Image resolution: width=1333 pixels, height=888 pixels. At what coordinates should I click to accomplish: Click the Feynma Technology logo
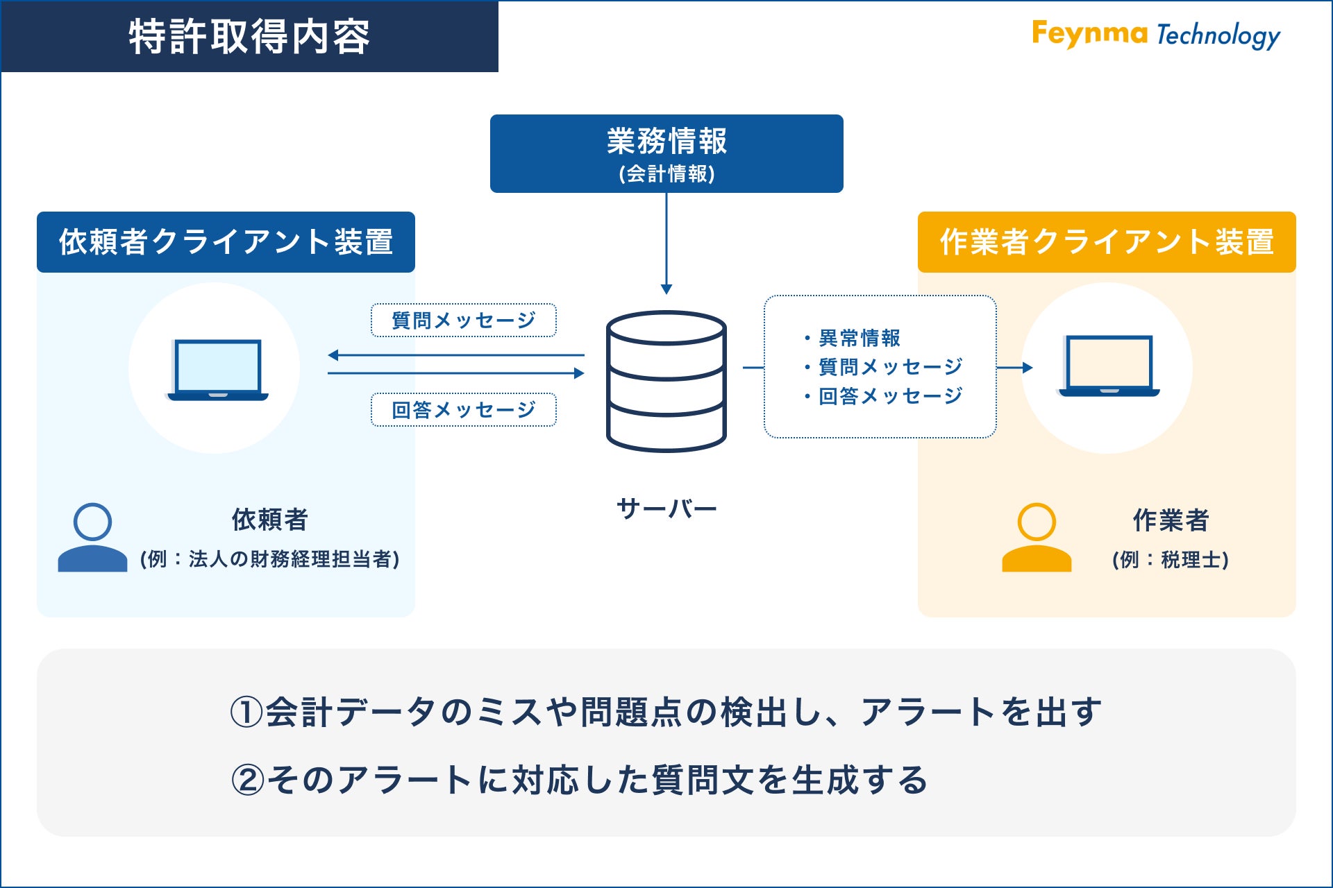[x=1155, y=35]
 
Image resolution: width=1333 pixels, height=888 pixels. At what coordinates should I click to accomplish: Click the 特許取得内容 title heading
[x=249, y=37]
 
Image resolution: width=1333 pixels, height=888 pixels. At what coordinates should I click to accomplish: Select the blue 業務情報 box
[x=666, y=153]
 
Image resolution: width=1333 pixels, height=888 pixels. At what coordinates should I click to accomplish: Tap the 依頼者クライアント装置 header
[x=226, y=242]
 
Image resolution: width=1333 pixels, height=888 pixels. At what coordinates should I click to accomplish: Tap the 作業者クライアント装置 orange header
[x=1107, y=242]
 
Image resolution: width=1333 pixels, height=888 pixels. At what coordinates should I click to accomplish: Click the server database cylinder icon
[x=666, y=381]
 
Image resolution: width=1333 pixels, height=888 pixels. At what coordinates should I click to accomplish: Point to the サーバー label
[x=666, y=509]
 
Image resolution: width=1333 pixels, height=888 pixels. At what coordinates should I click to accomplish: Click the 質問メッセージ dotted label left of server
[x=463, y=321]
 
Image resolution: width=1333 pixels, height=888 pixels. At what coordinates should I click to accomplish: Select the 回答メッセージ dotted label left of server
[x=463, y=410]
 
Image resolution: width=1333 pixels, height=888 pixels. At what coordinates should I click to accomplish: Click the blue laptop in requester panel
[x=217, y=370]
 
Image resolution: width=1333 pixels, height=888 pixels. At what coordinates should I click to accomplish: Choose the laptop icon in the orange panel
[x=1109, y=366]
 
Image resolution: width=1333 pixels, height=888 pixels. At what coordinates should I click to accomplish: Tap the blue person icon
[x=92, y=538]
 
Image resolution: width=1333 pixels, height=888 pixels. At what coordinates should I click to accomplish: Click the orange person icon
[x=1037, y=538]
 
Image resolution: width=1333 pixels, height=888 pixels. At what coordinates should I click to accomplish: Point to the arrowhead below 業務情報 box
[x=666, y=289]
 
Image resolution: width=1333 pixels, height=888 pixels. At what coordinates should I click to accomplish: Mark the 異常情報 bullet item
[x=860, y=338]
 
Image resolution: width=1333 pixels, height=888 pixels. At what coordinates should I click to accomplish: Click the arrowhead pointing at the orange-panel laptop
[x=1028, y=368]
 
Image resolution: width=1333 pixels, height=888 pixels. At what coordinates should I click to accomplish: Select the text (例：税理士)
[x=1171, y=559]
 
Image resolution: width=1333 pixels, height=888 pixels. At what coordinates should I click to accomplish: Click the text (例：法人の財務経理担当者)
[x=269, y=558]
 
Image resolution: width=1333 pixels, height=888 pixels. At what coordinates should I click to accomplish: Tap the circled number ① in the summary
[x=246, y=712]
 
